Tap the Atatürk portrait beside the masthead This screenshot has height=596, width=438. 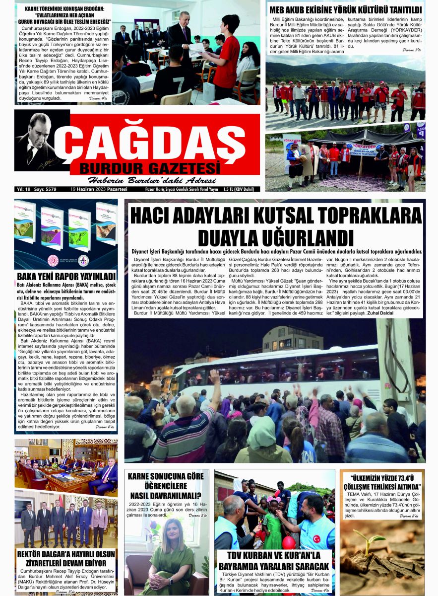pos(36,142)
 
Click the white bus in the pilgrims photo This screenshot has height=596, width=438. pos(278,370)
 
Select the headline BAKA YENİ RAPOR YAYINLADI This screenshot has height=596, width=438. pos(66,276)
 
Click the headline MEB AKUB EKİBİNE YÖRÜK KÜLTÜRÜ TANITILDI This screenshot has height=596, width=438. pos(345,9)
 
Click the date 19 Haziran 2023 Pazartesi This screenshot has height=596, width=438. pos(99,189)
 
